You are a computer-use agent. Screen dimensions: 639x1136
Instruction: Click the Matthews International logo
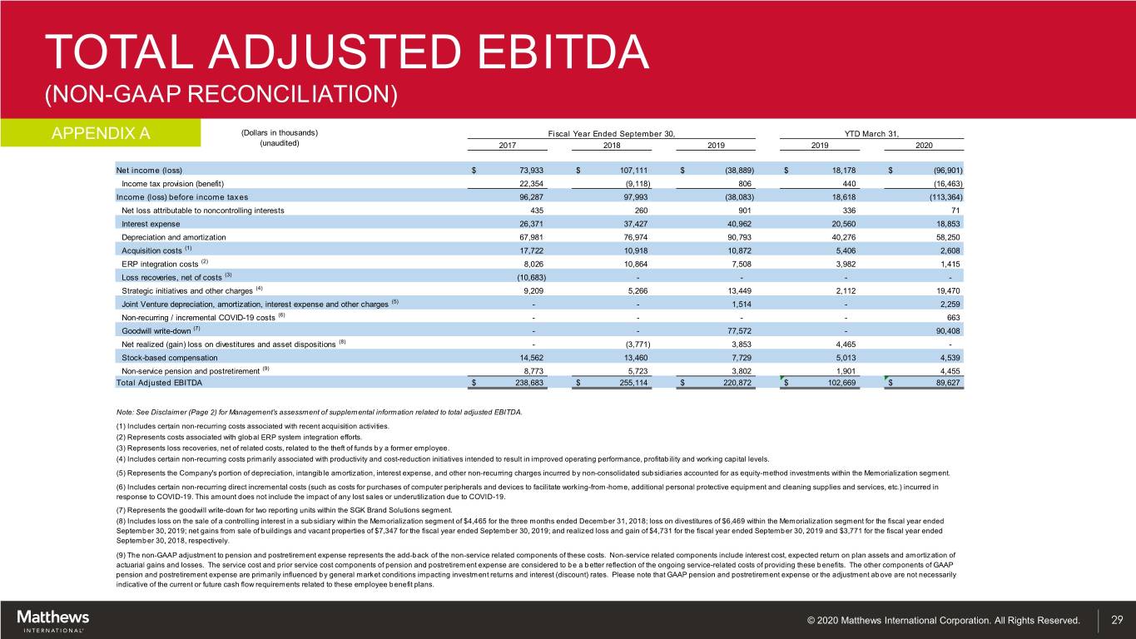[53, 620]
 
